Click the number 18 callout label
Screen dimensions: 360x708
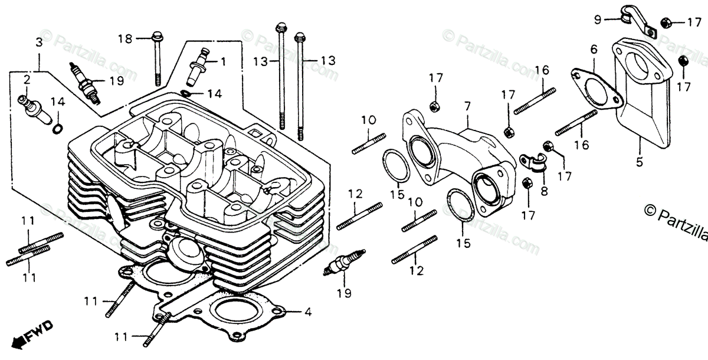pyautogui.click(x=124, y=38)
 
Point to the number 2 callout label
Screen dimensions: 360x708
pyautogui.click(x=27, y=79)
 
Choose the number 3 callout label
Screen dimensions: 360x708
pyautogui.click(x=39, y=42)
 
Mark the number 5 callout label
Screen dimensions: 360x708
pyautogui.click(x=641, y=159)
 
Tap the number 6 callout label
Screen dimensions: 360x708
pyautogui.click(x=594, y=50)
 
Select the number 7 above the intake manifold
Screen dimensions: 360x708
pyautogui.click(x=467, y=106)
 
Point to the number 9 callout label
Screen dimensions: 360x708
pyautogui.click(x=598, y=19)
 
